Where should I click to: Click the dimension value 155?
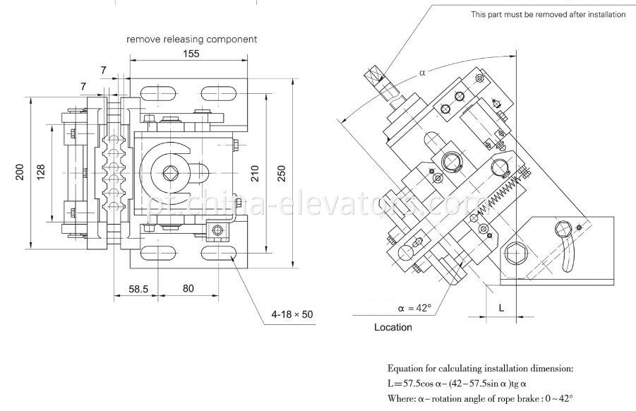(191, 54)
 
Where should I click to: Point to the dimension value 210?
(255, 173)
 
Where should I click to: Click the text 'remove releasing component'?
(191, 40)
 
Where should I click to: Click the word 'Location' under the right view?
(393, 328)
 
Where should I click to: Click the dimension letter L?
(502, 309)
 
